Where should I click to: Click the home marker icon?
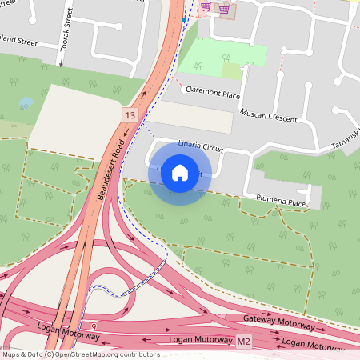click(x=180, y=171)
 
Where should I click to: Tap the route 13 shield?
click(x=130, y=115)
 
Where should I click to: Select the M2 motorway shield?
click(x=244, y=342)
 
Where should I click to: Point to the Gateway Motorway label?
click(x=279, y=321)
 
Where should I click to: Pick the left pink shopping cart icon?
click(x=206, y=7)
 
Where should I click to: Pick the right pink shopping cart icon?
click(x=224, y=9)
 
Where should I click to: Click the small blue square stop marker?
click(x=185, y=19)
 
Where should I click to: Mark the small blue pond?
click(x=26, y=103)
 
